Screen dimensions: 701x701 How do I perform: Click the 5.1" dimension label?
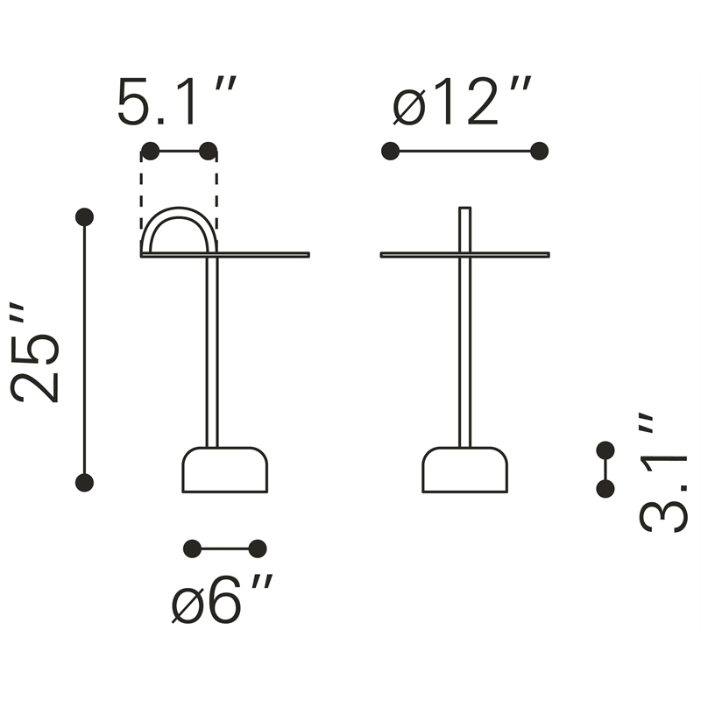click(x=177, y=101)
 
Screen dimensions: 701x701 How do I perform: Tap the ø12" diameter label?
click(x=462, y=101)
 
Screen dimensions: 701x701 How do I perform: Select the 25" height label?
click(x=35, y=353)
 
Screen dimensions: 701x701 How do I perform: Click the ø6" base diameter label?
click(x=222, y=598)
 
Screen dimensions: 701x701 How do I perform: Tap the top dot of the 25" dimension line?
click(x=84, y=217)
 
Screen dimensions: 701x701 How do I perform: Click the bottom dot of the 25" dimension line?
click(x=84, y=483)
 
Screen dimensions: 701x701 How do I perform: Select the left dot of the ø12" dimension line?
click(x=390, y=151)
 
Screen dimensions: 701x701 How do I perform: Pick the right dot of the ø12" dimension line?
click(x=540, y=151)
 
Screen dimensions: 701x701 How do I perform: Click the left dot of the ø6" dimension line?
click(x=193, y=549)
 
